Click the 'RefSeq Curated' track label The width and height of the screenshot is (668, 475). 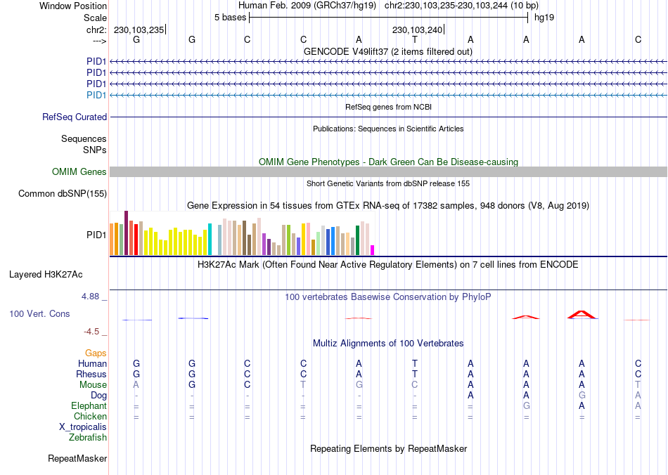click(x=75, y=117)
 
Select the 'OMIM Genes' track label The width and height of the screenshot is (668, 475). click(x=79, y=172)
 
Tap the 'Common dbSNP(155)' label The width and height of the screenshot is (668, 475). click(x=63, y=194)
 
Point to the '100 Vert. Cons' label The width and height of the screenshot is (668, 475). click(x=39, y=314)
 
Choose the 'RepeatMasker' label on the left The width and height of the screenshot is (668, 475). click(x=77, y=459)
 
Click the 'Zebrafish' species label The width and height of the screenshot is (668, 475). click(x=88, y=438)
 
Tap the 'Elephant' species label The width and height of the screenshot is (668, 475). click(x=89, y=406)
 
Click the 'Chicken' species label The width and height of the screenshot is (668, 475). click(x=90, y=417)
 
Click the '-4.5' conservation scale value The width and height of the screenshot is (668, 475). click(x=93, y=332)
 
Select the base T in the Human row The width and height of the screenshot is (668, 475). click(x=415, y=364)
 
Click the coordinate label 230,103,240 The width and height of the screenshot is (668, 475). click(x=418, y=30)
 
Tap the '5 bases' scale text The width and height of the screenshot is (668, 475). click(x=230, y=18)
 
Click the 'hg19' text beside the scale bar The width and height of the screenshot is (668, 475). click(x=544, y=18)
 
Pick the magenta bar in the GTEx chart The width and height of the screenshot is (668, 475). click(x=373, y=249)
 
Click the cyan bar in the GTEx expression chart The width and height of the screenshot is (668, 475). click(x=210, y=239)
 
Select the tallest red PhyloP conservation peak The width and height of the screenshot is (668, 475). click(x=582, y=314)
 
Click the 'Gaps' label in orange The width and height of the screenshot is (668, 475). click(x=96, y=353)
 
